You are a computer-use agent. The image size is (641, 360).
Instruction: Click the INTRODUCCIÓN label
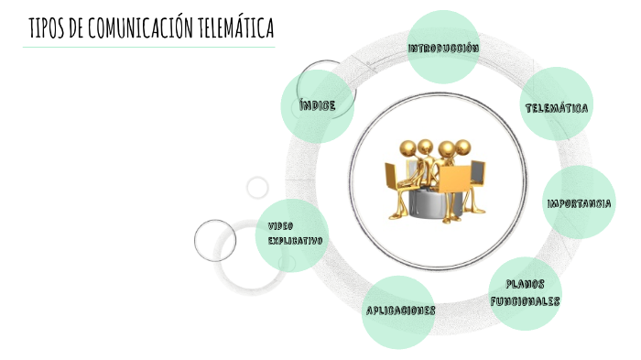pos(444,48)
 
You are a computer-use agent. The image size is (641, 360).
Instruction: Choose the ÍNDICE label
pos(318,105)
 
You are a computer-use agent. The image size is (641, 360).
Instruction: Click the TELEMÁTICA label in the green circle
pos(557,108)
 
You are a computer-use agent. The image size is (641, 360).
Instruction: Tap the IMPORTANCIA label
pos(580,202)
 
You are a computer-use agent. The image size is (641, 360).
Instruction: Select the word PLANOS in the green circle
pos(526,284)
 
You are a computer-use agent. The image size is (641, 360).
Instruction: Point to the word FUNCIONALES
pos(525,300)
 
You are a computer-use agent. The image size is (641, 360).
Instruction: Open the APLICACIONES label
pos(400,311)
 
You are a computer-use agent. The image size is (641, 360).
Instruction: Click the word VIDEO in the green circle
pos(280,225)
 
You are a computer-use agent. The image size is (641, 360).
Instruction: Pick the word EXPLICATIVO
pos(295,240)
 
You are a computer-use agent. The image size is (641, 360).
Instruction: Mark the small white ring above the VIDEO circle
pos(257,187)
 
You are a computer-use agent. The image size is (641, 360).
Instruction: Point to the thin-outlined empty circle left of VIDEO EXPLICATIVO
pos(215,241)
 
